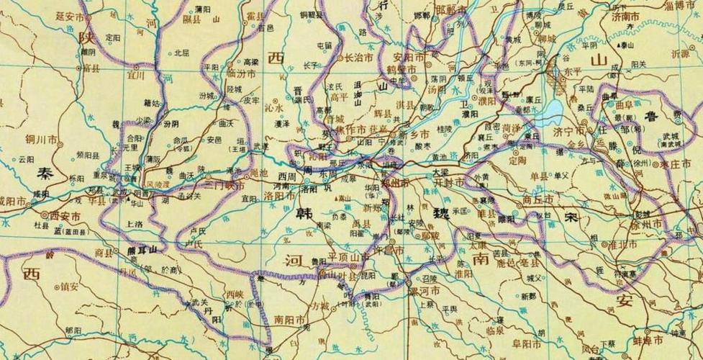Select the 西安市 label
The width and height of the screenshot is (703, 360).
click(x=66, y=215)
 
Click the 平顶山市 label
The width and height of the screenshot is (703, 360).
click(x=349, y=256)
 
